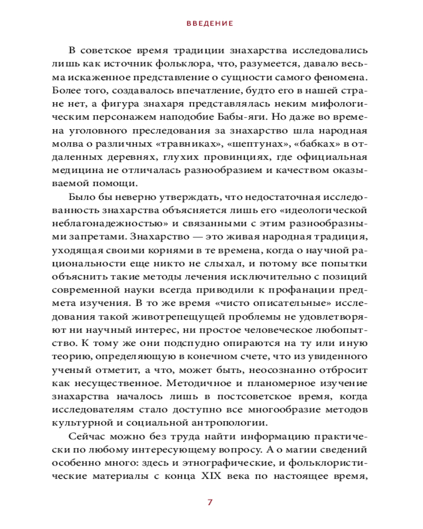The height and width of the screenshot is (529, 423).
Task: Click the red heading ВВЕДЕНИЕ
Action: (210, 24)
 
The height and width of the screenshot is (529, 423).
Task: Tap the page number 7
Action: (210, 503)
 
